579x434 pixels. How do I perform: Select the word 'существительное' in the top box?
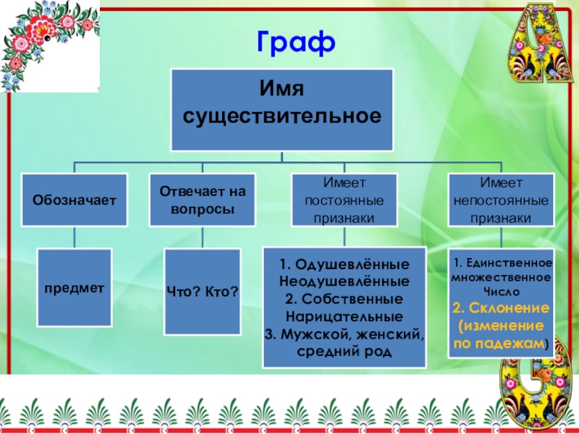[x=282, y=116]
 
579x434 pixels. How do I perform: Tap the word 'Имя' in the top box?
[x=281, y=90]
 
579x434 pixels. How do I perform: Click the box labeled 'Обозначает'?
[x=74, y=199]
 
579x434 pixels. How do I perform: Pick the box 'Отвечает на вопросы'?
[x=203, y=200]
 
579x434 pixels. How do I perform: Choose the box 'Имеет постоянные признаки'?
[x=345, y=200]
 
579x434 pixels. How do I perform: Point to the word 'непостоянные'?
[x=501, y=200]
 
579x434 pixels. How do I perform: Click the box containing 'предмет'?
[x=75, y=287]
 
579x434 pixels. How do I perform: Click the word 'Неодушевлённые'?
[x=344, y=280]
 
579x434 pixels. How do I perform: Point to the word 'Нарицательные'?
[x=344, y=316]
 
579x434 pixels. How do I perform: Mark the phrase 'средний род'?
[x=344, y=352]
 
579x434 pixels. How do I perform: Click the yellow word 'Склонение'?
[x=507, y=308]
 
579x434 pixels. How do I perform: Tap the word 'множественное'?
[x=501, y=277]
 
